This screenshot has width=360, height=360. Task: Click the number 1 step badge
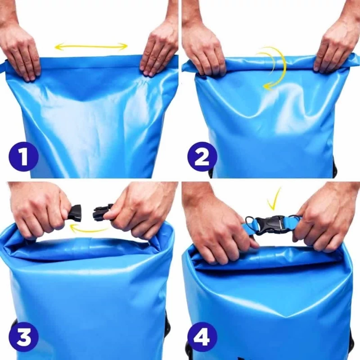click(23, 156)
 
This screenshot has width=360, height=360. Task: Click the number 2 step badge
click(202, 156)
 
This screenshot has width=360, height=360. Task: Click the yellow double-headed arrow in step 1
click(91, 47)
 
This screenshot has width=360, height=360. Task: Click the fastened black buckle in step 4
click(271, 225)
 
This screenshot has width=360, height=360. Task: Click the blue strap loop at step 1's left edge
click(4, 66)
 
